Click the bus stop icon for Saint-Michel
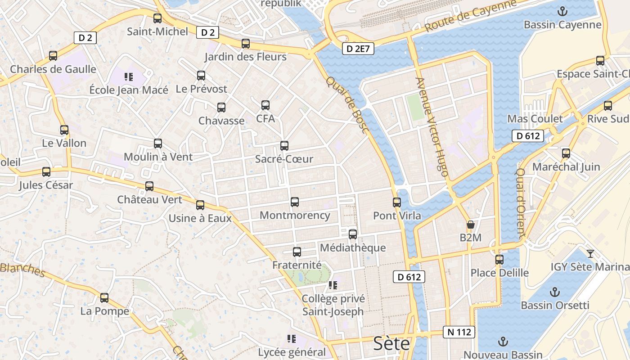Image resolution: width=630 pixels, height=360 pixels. [157, 18]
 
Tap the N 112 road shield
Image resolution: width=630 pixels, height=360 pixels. [459, 332]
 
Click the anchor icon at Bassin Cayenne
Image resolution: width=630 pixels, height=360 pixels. [562, 11]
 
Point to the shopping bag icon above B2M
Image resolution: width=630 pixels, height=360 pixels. [470, 224]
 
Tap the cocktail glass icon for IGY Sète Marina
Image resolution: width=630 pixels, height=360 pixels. [590, 253]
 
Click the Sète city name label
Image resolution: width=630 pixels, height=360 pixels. [391, 344]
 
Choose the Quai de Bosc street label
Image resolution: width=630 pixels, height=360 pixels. [347, 105]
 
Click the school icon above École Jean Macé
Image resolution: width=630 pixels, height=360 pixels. [129, 77]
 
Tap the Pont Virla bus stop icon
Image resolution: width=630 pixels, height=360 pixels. [396, 202]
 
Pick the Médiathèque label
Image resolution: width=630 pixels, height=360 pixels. [352, 247]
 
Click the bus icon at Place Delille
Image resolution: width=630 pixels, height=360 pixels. [499, 259]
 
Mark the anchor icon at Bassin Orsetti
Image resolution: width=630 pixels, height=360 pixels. [554, 292]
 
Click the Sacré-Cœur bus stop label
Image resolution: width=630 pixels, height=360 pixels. [284, 159]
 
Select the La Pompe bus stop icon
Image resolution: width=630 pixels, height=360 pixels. [104, 297]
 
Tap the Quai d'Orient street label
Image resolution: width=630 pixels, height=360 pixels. [520, 203]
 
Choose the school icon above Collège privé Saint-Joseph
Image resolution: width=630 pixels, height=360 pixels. [333, 285]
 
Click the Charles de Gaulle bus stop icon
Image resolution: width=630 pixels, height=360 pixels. [53, 56]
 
